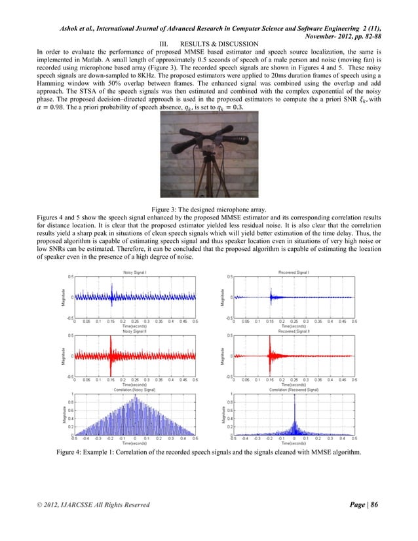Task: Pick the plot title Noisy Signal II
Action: tap(134, 331)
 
